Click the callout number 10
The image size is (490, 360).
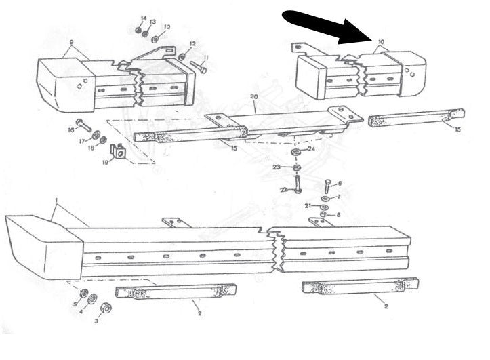click(x=381, y=42)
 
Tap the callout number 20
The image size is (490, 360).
click(x=254, y=97)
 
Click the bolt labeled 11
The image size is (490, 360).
click(x=199, y=67)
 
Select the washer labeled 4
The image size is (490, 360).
click(x=93, y=299)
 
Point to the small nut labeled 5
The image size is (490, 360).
click(x=83, y=293)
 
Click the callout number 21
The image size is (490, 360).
click(x=307, y=205)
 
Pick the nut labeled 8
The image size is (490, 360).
click(x=322, y=215)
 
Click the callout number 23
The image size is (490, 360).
click(x=277, y=167)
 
